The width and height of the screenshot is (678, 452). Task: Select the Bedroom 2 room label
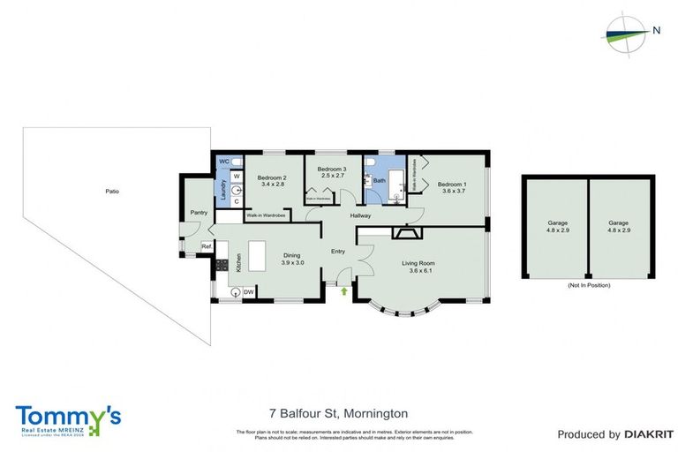coord(271,180)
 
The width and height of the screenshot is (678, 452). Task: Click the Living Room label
coord(421,267)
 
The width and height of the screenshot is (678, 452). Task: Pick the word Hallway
coord(361,215)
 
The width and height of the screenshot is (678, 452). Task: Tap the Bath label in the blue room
coord(380,181)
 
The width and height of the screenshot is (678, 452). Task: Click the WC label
coord(224,162)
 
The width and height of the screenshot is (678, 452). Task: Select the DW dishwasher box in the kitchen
coord(248,292)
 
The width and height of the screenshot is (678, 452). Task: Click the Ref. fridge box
coord(206,246)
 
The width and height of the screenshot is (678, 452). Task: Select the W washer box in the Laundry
coord(237,176)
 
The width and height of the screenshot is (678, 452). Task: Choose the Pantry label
coord(199,213)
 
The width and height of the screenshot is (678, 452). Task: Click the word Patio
coord(112,191)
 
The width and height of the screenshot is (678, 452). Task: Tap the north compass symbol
coord(626,32)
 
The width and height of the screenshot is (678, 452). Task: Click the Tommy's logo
coord(68,418)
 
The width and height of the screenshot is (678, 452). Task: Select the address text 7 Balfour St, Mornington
coord(338,413)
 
